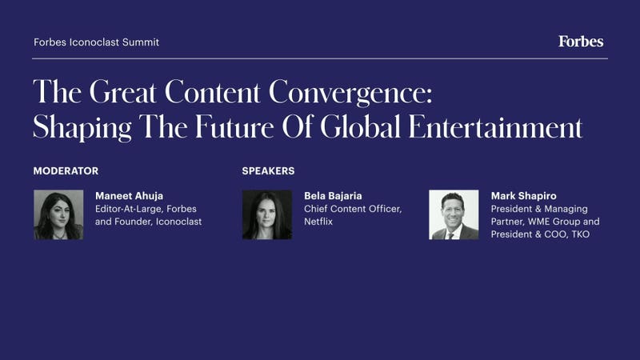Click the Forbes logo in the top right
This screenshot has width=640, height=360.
pyautogui.click(x=581, y=42)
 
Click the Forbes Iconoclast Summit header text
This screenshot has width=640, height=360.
pyautogui.click(x=96, y=42)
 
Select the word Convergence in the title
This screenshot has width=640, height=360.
pyautogui.click(x=350, y=92)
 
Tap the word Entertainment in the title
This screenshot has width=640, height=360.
pyautogui.click(x=495, y=126)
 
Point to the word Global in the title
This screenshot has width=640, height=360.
pyautogui.click(x=361, y=126)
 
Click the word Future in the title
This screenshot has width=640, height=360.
pyautogui.click(x=234, y=126)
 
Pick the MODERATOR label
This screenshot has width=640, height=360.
pyautogui.click(x=66, y=171)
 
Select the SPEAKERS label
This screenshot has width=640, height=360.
pyautogui.click(x=268, y=171)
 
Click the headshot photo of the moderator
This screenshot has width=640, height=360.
pyautogui.click(x=58, y=214)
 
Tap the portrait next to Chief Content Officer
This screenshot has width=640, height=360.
pyautogui.click(x=267, y=214)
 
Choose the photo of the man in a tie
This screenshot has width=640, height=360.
pyautogui.click(x=454, y=214)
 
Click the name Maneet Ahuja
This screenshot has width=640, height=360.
pyautogui.click(x=129, y=196)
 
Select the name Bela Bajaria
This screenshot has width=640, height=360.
pyautogui.click(x=333, y=196)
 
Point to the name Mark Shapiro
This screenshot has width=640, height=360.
pyautogui.click(x=524, y=196)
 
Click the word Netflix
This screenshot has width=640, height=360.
pyautogui.click(x=318, y=222)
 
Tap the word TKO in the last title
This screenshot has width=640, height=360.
pyautogui.click(x=581, y=234)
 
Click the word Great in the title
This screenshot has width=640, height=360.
pyautogui.click(x=123, y=92)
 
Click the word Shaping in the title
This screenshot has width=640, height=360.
pyautogui.click(x=82, y=127)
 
